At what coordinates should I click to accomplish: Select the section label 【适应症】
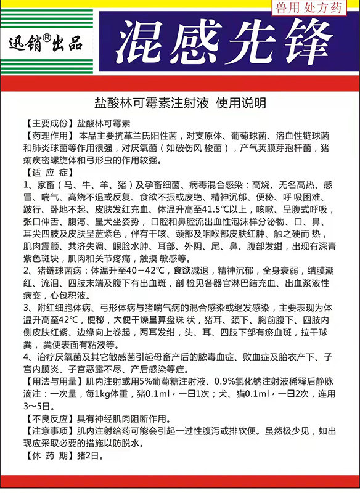[x=47, y=172]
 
